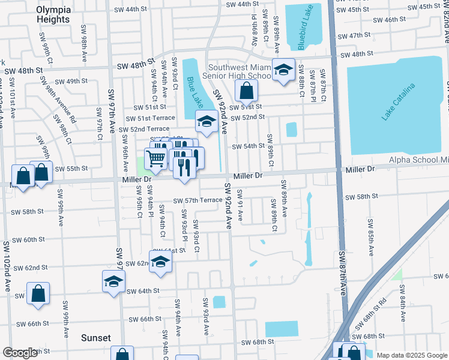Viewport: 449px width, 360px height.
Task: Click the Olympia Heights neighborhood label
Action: (53, 14)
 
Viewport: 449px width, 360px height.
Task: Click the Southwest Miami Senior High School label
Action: (240, 71)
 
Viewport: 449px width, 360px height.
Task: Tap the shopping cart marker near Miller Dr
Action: (156, 158)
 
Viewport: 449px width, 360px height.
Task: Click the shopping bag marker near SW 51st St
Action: (246, 91)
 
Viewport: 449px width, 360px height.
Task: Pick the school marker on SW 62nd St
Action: (160, 262)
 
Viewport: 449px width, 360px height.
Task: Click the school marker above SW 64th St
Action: (114, 280)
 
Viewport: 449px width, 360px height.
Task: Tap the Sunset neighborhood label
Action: (96, 338)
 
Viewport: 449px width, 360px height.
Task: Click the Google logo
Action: (20, 353)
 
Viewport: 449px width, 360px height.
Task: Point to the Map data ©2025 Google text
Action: (412, 355)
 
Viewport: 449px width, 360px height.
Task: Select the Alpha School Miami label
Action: (419, 160)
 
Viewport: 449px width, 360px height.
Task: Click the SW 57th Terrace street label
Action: (197, 200)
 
